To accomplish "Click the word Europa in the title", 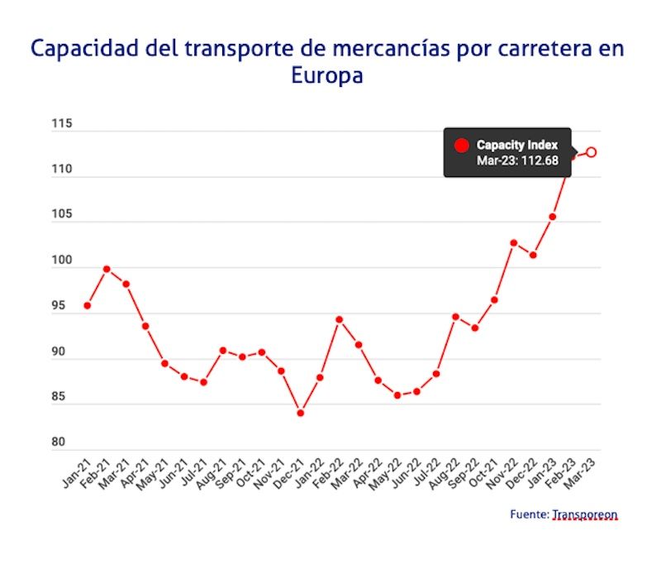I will (327, 76).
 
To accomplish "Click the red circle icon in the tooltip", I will (462, 146).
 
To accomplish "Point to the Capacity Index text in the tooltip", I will (517, 145).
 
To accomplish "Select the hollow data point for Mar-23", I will (592, 151).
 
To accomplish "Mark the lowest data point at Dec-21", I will (301, 413).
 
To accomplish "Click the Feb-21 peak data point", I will (107, 269).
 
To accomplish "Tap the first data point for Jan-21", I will (87, 306).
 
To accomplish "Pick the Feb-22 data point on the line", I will (339, 319).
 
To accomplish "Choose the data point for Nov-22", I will (513, 243).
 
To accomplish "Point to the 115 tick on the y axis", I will (62, 125).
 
